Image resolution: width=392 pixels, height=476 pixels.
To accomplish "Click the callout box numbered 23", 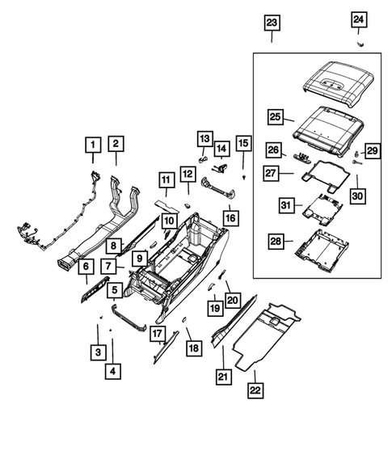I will (x=272, y=23).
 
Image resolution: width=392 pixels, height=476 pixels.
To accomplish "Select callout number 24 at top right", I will (x=358, y=19).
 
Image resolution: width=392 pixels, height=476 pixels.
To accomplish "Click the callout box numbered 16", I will (x=231, y=218).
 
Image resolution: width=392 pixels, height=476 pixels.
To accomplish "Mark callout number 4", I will (x=112, y=371).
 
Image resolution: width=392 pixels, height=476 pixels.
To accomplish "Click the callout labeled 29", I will (x=372, y=150).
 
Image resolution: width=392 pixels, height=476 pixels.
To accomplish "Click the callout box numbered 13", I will (x=204, y=139).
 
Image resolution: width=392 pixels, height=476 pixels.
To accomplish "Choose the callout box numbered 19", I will (x=213, y=307).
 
